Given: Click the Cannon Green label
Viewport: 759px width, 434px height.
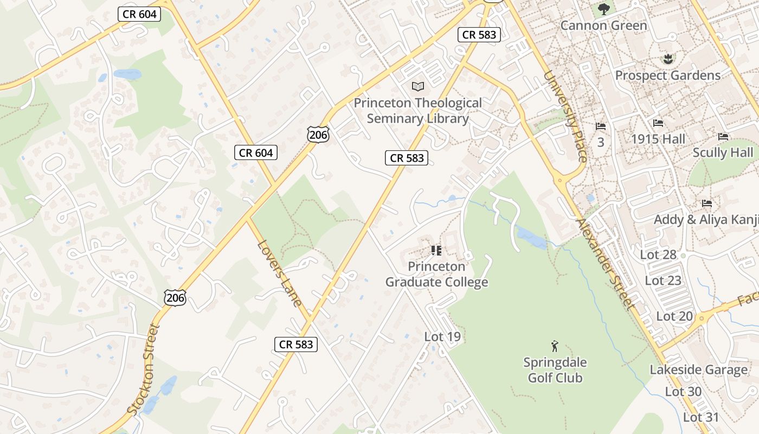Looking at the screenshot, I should tap(603, 25).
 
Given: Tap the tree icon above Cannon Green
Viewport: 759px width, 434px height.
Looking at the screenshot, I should tap(603, 9).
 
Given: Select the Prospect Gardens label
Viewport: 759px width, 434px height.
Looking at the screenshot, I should tap(667, 75).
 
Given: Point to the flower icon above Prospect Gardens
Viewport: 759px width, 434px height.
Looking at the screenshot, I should tap(667, 59).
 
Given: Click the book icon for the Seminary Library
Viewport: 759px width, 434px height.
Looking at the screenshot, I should tap(417, 86).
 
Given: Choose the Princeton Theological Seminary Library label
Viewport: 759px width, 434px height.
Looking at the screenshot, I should tap(417, 111).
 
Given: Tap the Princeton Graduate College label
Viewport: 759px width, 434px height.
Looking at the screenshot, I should tap(436, 275).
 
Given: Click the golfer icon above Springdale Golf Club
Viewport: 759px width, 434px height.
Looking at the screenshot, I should tap(554, 346).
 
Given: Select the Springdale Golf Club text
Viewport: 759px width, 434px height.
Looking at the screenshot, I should tap(555, 370).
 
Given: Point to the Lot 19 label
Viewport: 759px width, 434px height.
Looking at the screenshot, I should tap(442, 337).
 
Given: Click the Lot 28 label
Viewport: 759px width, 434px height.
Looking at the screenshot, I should tap(658, 254).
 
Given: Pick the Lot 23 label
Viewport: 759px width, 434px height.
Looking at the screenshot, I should tap(662, 280).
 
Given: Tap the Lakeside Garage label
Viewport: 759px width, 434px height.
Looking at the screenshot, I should tap(698, 370).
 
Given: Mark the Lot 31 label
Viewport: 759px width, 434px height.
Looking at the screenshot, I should tap(700, 417).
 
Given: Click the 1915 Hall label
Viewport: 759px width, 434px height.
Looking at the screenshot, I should tap(658, 139).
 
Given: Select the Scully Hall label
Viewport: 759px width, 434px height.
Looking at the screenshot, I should tap(723, 152).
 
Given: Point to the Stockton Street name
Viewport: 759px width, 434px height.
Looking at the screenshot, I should tap(144, 369).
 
